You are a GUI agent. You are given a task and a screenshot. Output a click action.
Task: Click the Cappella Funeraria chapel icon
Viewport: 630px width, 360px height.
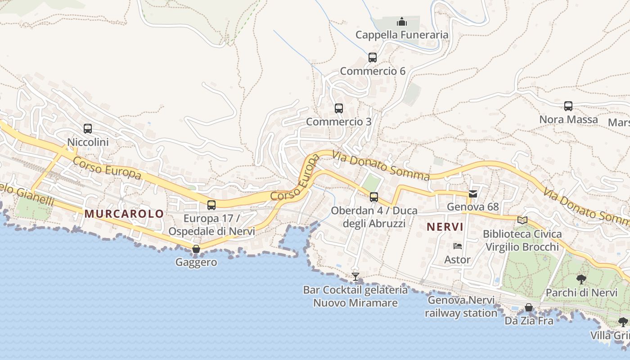[x=401, y=22]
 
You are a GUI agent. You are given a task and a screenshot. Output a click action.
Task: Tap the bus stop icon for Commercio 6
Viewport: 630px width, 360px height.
[x=373, y=58]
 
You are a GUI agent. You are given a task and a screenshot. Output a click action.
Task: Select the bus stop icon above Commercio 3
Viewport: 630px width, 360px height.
[x=339, y=108]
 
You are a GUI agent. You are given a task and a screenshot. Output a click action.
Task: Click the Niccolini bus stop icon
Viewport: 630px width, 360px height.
[x=88, y=129]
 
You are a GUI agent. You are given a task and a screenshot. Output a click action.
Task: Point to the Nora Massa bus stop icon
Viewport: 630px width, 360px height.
[x=568, y=106]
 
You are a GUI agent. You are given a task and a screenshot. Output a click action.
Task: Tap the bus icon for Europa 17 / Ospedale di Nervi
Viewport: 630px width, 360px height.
[x=211, y=205]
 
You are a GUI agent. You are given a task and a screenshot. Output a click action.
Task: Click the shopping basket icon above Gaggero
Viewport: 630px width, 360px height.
[x=196, y=249]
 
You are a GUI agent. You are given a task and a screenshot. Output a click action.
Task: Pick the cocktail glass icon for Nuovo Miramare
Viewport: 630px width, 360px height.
[x=355, y=276]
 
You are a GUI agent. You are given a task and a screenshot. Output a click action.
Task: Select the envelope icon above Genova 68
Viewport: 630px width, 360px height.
[x=473, y=194]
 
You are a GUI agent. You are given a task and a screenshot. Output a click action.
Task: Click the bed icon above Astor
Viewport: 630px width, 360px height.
[x=458, y=246]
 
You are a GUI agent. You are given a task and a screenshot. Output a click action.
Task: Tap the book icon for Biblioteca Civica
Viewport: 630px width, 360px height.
[x=522, y=220]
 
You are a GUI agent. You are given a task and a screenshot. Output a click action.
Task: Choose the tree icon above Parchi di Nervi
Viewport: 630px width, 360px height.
[x=581, y=279]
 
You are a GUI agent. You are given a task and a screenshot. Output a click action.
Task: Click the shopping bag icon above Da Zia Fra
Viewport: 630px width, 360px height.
[x=529, y=308]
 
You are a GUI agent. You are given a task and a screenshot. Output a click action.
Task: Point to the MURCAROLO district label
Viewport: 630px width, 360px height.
[x=124, y=214]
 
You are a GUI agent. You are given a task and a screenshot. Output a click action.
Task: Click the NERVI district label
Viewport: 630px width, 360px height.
[x=445, y=227]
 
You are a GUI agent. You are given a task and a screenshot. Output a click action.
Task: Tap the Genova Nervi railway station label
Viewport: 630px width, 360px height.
[x=461, y=306]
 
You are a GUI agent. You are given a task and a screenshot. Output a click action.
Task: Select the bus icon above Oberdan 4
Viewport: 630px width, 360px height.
[x=374, y=197]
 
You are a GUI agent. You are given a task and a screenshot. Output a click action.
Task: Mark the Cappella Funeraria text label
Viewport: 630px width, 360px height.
[x=402, y=35]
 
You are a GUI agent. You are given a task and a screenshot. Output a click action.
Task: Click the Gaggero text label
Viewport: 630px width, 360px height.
[x=196, y=262]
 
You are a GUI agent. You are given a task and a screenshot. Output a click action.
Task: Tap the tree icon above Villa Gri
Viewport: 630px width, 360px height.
[x=623, y=322]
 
